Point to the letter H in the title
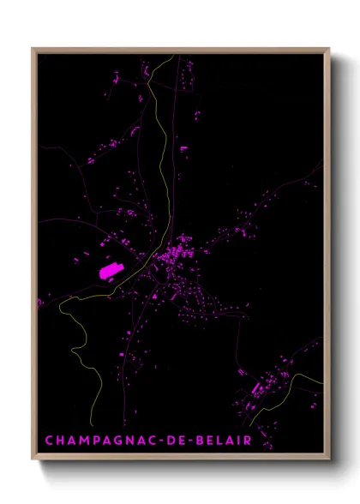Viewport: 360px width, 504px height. [x=60, y=441]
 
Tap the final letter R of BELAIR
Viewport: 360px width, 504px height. [x=247, y=441]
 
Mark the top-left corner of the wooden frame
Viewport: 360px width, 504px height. [x=33, y=49]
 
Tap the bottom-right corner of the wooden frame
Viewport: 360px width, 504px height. [x=329, y=460]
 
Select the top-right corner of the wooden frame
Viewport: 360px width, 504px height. [x=329, y=49]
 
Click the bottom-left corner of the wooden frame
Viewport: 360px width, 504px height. [x=33, y=460]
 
